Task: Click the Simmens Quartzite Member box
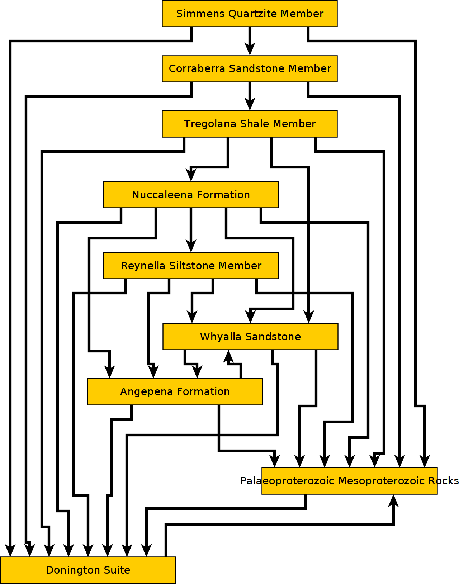pos(250,14)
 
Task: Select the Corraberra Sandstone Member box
pos(250,68)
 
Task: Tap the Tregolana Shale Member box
pos(250,124)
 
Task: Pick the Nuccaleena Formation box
pos(191,195)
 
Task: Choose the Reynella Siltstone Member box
pos(191,266)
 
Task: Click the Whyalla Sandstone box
pos(250,337)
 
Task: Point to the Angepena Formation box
pos(175,391)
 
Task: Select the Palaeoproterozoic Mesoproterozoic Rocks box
pos(349,481)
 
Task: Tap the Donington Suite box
pos(88,570)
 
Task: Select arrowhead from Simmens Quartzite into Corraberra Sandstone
pos(250,49)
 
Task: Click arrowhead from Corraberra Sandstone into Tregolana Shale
pos(250,104)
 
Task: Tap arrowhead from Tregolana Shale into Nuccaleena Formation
pos(191,175)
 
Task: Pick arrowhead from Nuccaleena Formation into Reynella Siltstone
pos(191,246)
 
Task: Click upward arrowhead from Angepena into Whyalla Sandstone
pos(228,356)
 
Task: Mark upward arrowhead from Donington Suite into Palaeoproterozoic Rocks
pos(394,500)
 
